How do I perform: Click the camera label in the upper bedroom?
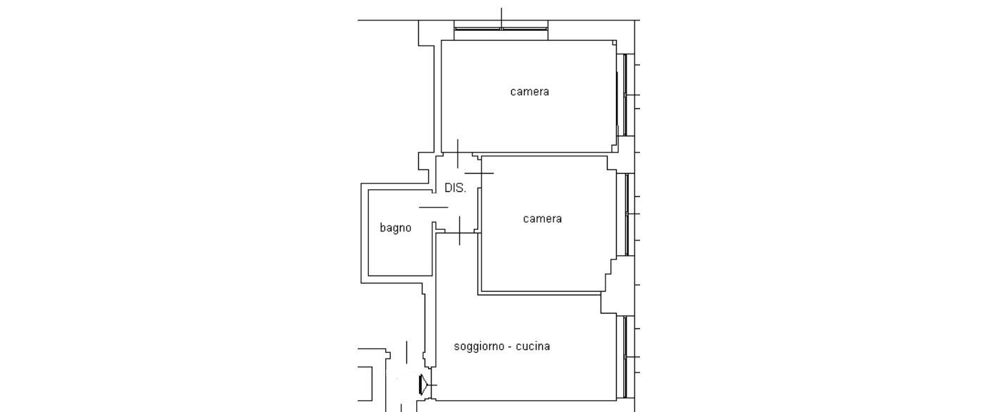tap(529, 91)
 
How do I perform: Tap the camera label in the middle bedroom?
tap(542, 219)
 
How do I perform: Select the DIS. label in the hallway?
tap(456, 188)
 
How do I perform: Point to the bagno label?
tap(395, 228)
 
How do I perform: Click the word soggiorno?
tap(479, 347)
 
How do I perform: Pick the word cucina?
tap(533, 346)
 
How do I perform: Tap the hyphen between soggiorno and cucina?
tap(510, 347)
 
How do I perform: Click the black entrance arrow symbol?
tap(424, 385)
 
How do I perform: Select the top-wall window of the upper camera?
tap(501, 29)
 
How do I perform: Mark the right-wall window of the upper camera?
tap(625, 95)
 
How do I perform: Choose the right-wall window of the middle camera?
tap(627, 214)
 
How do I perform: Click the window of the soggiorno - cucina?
tap(625, 357)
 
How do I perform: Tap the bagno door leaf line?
tap(434, 207)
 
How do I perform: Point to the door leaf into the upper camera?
tap(458, 154)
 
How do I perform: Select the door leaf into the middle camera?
tap(479, 173)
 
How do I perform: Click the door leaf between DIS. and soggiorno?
tap(460, 231)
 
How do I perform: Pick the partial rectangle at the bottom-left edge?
tap(365, 384)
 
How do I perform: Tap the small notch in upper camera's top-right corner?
tap(615, 43)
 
